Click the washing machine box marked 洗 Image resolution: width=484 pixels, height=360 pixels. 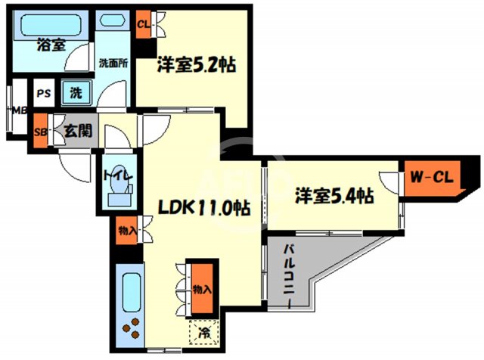click(76, 93)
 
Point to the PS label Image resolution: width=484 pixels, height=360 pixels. click(44, 94)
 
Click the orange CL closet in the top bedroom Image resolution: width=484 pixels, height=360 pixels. click(143, 23)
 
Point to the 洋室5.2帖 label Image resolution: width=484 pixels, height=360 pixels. click(197, 65)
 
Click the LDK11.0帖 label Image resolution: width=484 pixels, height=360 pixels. click(203, 206)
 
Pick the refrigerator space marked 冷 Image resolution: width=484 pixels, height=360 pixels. click(203, 331)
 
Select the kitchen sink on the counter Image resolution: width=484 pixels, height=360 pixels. click(129, 292)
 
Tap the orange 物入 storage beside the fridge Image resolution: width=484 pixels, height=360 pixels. click(201, 288)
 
